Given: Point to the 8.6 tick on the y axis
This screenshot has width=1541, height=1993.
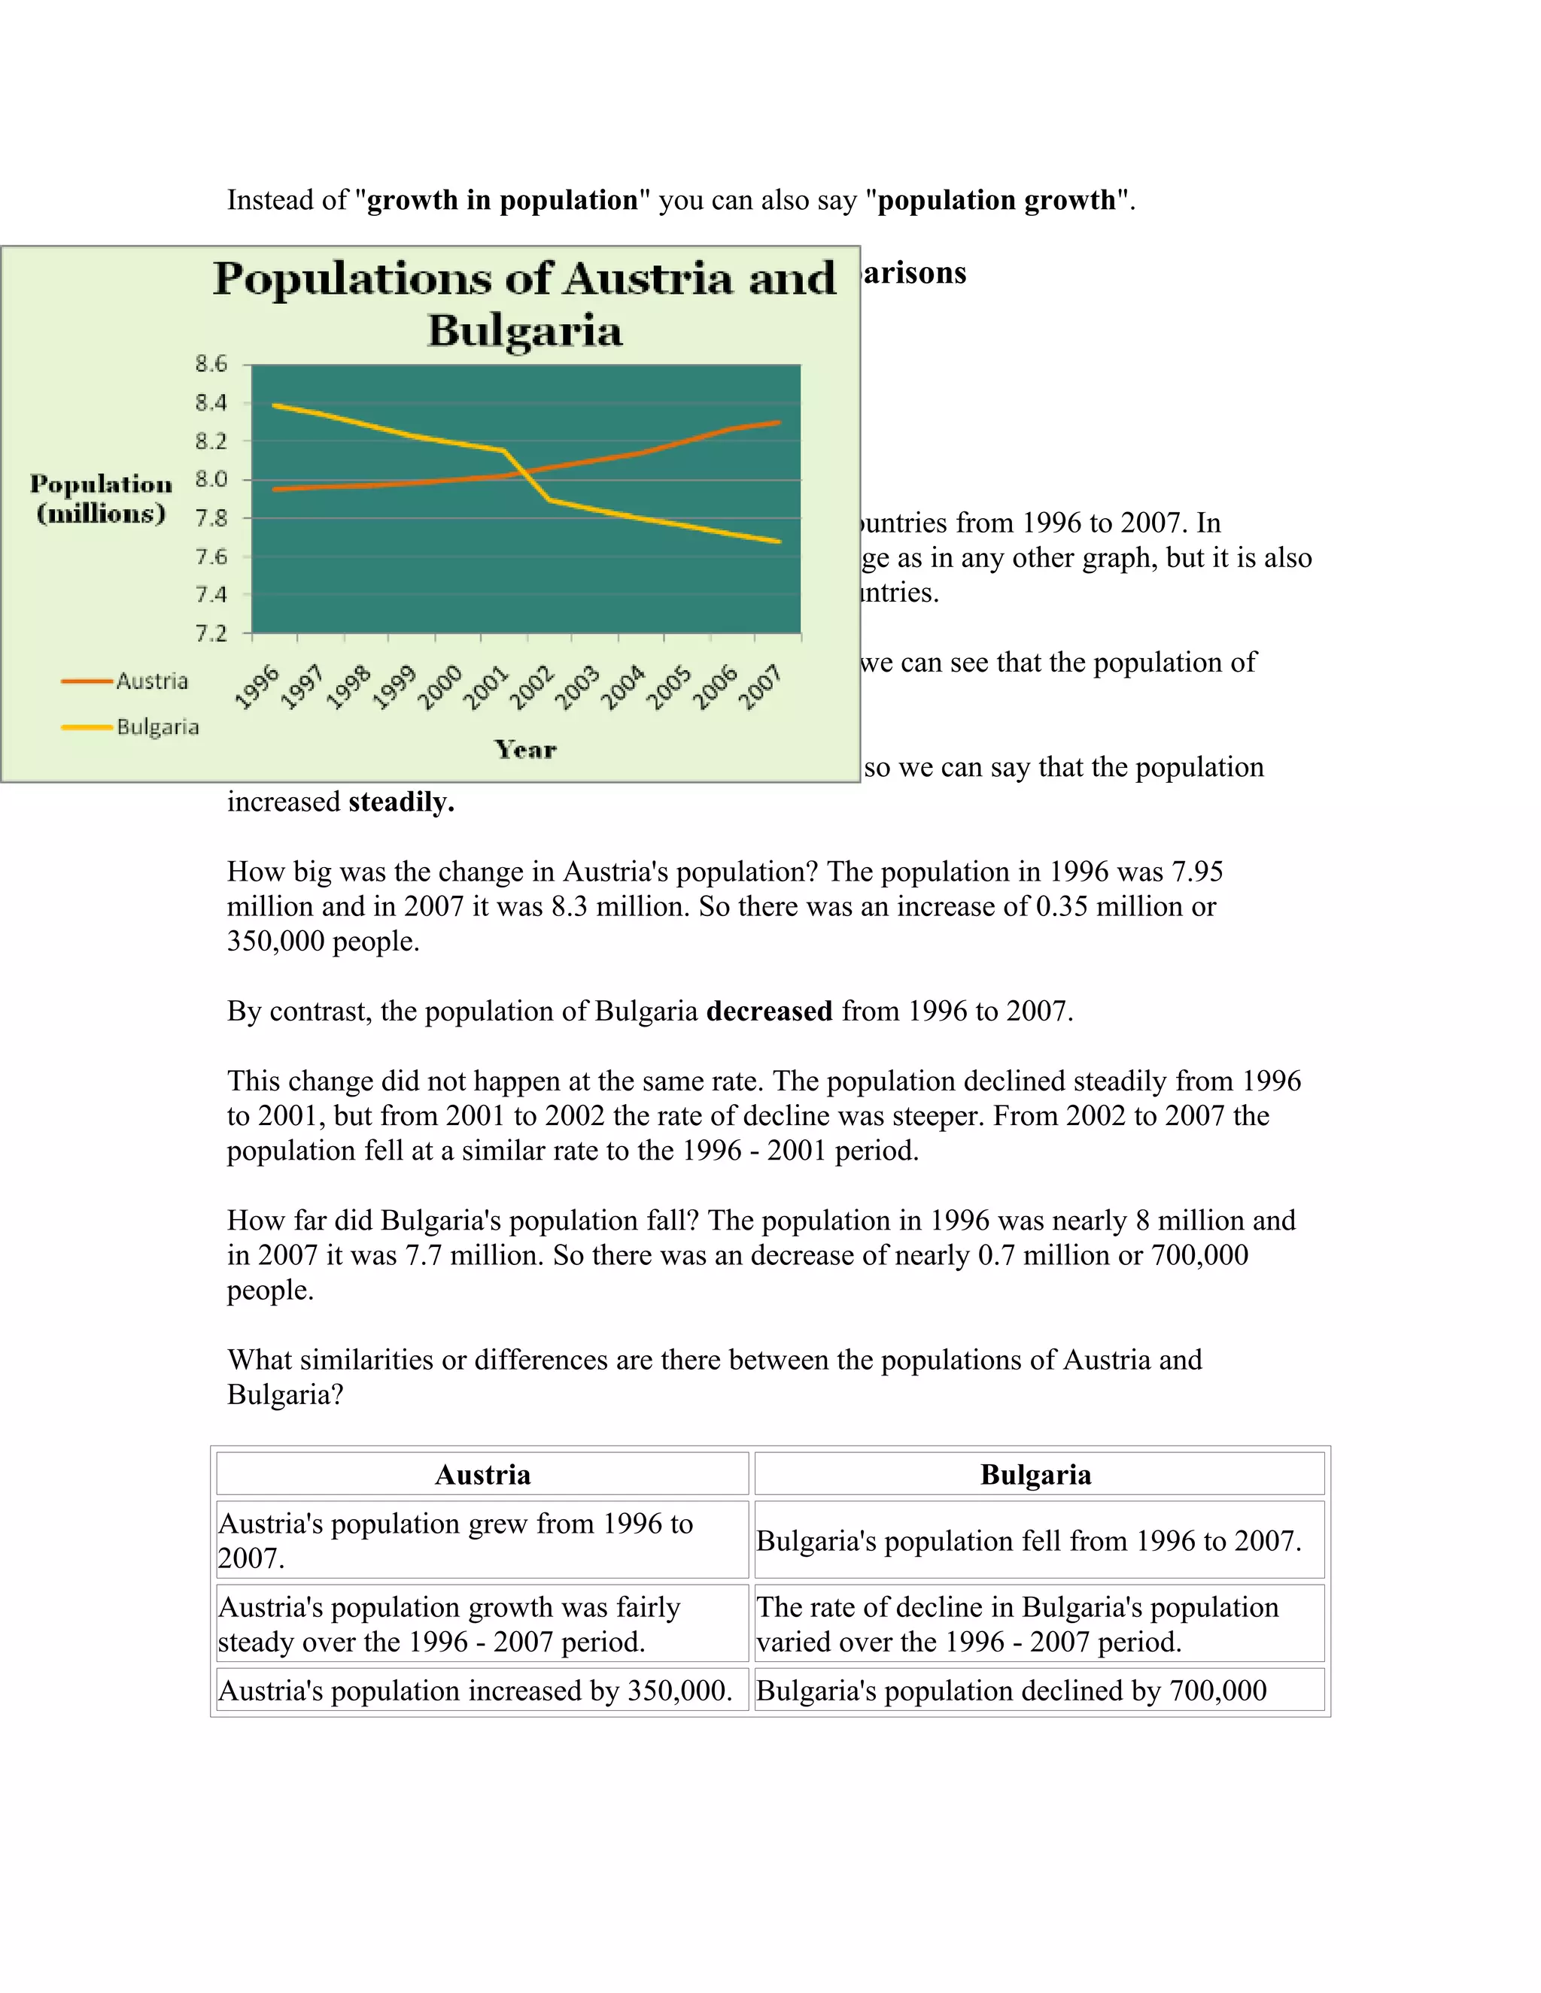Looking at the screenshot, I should coord(211,364).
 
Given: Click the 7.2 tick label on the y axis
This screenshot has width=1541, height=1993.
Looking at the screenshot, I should coord(211,633).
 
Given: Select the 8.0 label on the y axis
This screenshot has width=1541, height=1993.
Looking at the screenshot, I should coord(211,479).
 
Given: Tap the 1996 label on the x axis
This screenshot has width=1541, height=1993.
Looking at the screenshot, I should coord(257,687).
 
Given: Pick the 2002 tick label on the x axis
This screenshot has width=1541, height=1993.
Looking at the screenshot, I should coord(531,687).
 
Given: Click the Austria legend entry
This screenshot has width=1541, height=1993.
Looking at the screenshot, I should coord(150,681).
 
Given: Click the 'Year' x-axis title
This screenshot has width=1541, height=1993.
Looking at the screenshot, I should coord(525,750).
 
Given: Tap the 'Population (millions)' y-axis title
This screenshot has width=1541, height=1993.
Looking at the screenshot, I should coord(100,498).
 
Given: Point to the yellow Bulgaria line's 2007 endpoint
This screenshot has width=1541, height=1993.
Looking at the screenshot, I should coord(779,541).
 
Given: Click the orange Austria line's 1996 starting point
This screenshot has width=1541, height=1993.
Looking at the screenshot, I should coord(275,489).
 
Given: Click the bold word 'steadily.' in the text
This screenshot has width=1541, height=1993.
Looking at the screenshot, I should coord(401,802).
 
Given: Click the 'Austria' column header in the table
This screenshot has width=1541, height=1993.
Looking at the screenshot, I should coord(482,1475).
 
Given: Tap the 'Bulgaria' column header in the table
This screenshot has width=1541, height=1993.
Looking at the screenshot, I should coord(1035,1475).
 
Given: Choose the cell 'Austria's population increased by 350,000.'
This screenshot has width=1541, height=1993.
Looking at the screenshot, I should coord(476,1691).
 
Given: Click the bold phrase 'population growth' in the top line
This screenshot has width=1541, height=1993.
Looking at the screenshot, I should coord(996,200).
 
